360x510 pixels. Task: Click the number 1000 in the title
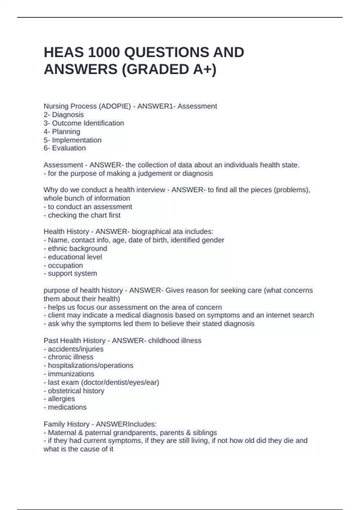point(103,52)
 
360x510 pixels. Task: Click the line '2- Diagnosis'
point(64,115)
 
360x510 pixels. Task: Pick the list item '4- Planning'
point(62,131)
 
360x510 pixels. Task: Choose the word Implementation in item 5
point(77,140)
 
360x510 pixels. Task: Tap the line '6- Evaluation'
point(64,148)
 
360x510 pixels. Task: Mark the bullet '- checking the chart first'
point(82,215)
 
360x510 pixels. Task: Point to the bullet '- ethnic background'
point(75,248)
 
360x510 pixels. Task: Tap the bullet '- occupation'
point(63,265)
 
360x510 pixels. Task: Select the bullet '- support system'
point(70,273)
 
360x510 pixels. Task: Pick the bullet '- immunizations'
point(69,374)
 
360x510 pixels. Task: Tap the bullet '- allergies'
point(59,399)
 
